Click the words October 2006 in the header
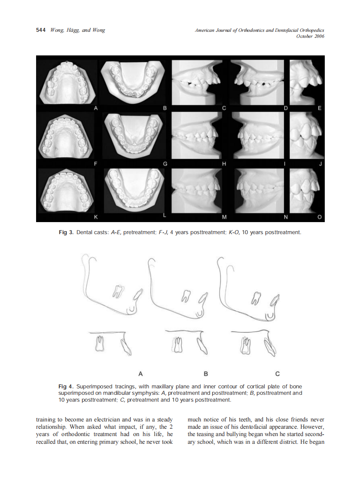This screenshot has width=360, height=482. [x=310, y=36]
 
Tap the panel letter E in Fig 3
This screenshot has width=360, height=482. [x=319, y=109]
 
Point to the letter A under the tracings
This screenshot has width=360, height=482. [x=140, y=373]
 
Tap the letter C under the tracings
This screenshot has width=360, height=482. [x=277, y=373]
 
